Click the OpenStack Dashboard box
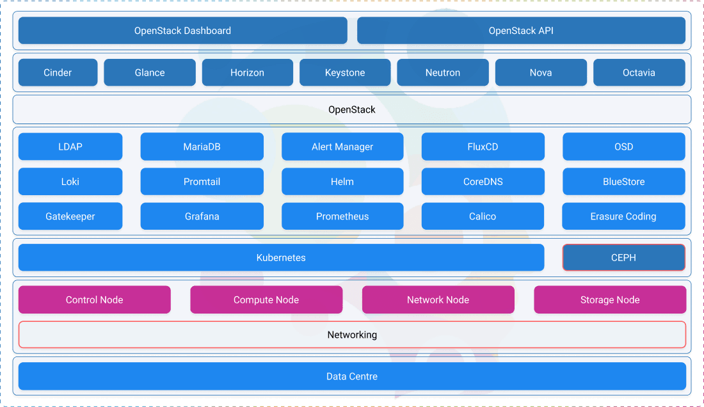[182, 31]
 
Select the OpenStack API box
[521, 31]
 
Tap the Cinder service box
[58, 72]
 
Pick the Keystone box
[345, 72]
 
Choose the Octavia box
[639, 72]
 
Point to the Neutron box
[442, 72]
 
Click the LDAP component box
[70, 147]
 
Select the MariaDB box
[202, 147]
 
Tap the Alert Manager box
[342, 147]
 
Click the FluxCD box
[483, 147]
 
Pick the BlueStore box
[623, 182]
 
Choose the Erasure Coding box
[623, 216]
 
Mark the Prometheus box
[342, 216]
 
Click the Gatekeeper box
[70, 216]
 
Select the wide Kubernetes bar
[281, 258]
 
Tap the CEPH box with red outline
[623, 258]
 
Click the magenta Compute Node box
[266, 299]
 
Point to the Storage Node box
[610, 299]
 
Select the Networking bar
[352, 335]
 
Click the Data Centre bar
[352, 376]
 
